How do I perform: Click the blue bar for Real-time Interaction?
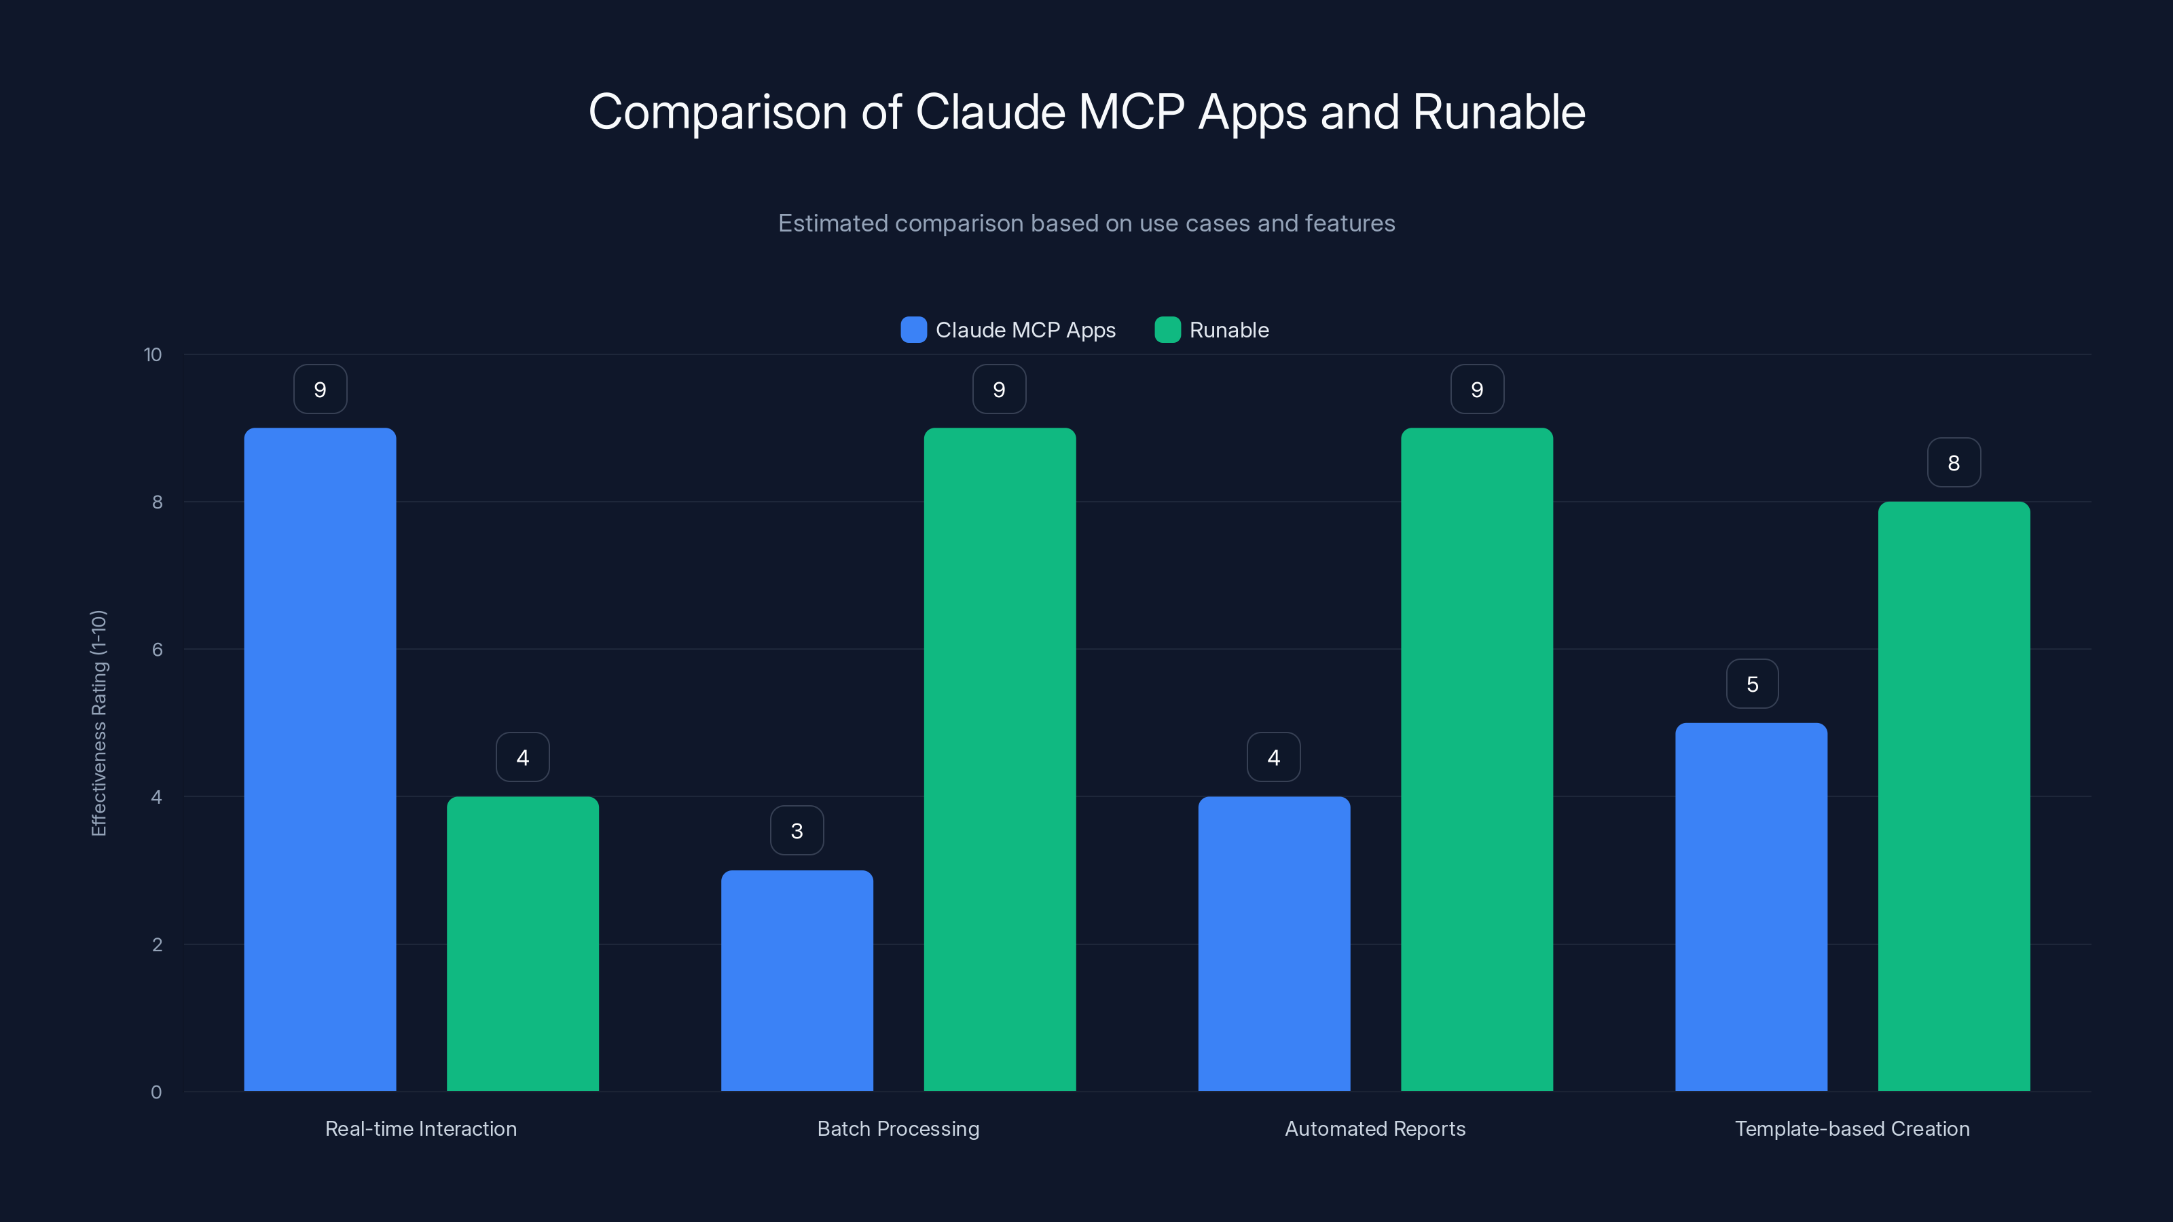[320, 759]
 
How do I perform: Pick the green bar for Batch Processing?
[1000, 759]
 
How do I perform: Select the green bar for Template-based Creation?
[1954, 796]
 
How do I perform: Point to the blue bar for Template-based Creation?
[1751, 906]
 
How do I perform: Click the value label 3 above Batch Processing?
[797, 831]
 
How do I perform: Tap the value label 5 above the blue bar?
[1752, 684]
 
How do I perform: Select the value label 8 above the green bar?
[1954, 463]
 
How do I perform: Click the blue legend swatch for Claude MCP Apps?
[913, 330]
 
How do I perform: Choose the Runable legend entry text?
[1228, 330]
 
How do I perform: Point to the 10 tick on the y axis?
[153, 354]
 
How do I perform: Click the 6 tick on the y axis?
[157, 650]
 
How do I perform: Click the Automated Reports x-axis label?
[1375, 1128]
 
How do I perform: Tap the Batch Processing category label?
[898, 1128]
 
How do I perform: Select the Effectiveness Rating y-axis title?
[98, 723]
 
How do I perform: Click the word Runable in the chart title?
[1499, 111]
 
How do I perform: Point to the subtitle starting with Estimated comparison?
[1086, 223]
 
